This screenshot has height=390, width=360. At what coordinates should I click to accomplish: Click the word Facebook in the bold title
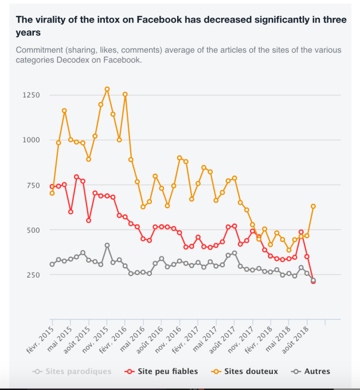pos(148,19)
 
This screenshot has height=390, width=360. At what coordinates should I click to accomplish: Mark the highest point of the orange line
pos(107,89)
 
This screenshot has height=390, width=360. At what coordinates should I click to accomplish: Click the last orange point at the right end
pos(314,206)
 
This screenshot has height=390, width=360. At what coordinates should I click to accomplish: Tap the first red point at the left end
pos(52,186)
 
